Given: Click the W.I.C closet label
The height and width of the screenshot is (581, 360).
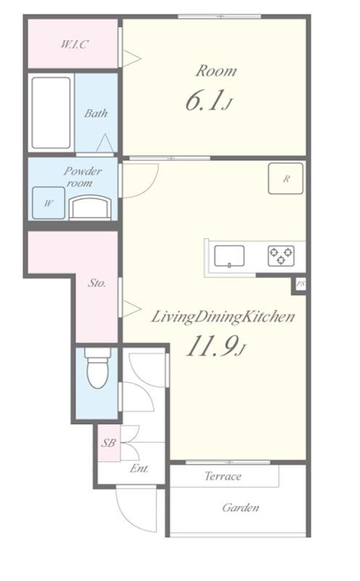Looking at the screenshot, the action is tap(75, 44).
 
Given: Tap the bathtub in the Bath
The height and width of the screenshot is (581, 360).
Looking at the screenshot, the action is tap(51, 113).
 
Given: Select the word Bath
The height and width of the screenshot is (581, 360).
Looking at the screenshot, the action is tap(96, 113).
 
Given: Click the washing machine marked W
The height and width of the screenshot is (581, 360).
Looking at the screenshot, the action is tap(49, 203).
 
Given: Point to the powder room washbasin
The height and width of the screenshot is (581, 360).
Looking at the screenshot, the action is tap(90, 208).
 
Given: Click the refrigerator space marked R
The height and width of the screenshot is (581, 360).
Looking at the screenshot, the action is tap(285, 179).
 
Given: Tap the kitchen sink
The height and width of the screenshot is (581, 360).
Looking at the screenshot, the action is tap(229, 256).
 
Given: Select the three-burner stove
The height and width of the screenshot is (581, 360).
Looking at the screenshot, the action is tap(281, 256).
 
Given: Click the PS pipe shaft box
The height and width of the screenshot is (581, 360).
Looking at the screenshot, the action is tap(300, 284).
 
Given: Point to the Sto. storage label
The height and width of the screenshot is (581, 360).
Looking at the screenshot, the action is tap(97, 283).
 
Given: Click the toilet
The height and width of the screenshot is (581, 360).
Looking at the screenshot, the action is tap(97, 368).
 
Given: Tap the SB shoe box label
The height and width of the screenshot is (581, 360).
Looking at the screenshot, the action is tap(109, 443).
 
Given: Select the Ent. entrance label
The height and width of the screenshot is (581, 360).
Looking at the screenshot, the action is tap(139, 468).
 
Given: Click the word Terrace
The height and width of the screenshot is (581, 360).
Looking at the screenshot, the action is tap(223, 476).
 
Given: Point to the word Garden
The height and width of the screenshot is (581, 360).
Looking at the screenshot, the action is tap(240, 507).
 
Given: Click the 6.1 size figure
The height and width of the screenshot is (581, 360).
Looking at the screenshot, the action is tap(208, 101).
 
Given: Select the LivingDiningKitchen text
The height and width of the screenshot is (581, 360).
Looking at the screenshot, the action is tap(223, 317).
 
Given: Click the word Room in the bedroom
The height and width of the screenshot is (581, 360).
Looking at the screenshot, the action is tap(216, 70).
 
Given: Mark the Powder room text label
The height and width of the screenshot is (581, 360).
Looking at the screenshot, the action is tap(82, 176).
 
